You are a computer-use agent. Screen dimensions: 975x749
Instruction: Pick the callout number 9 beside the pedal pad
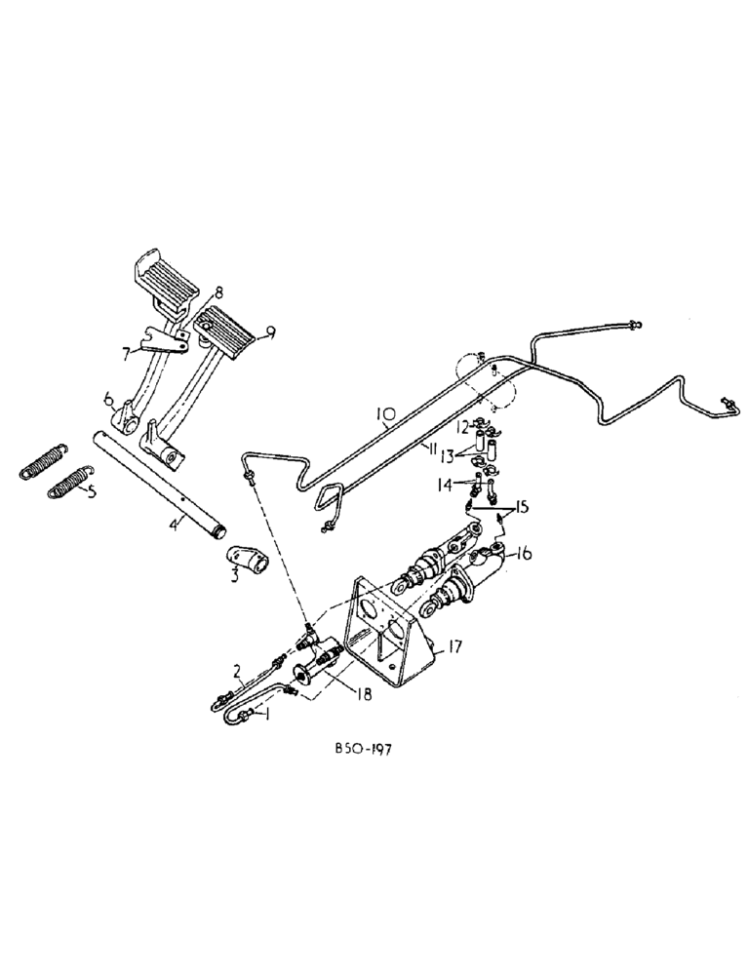click(270, 333)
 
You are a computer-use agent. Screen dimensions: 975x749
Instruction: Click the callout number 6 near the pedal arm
click(110, 400)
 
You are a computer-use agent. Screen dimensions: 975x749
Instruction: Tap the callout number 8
click(218, 291)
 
